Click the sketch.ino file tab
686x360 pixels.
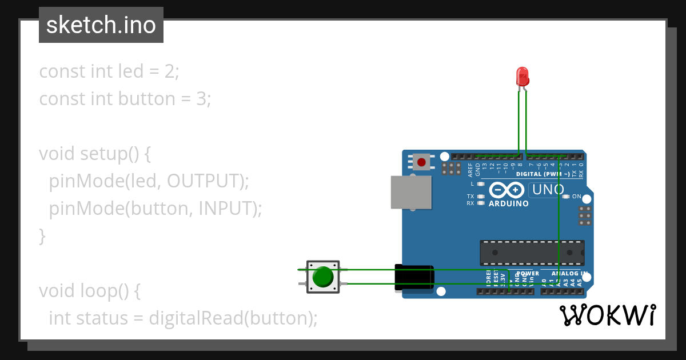[x=101, y=25]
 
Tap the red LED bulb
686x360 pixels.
[x=522, y=76]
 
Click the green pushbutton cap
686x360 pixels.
[x=323, y=277]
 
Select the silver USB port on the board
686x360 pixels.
[x=410, y=191]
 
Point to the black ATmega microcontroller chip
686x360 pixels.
[x=532, y=253]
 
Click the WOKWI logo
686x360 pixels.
[x=607, y=315]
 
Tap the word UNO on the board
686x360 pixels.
[x=548, y=190]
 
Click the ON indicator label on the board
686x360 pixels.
[x=576, y=197]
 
